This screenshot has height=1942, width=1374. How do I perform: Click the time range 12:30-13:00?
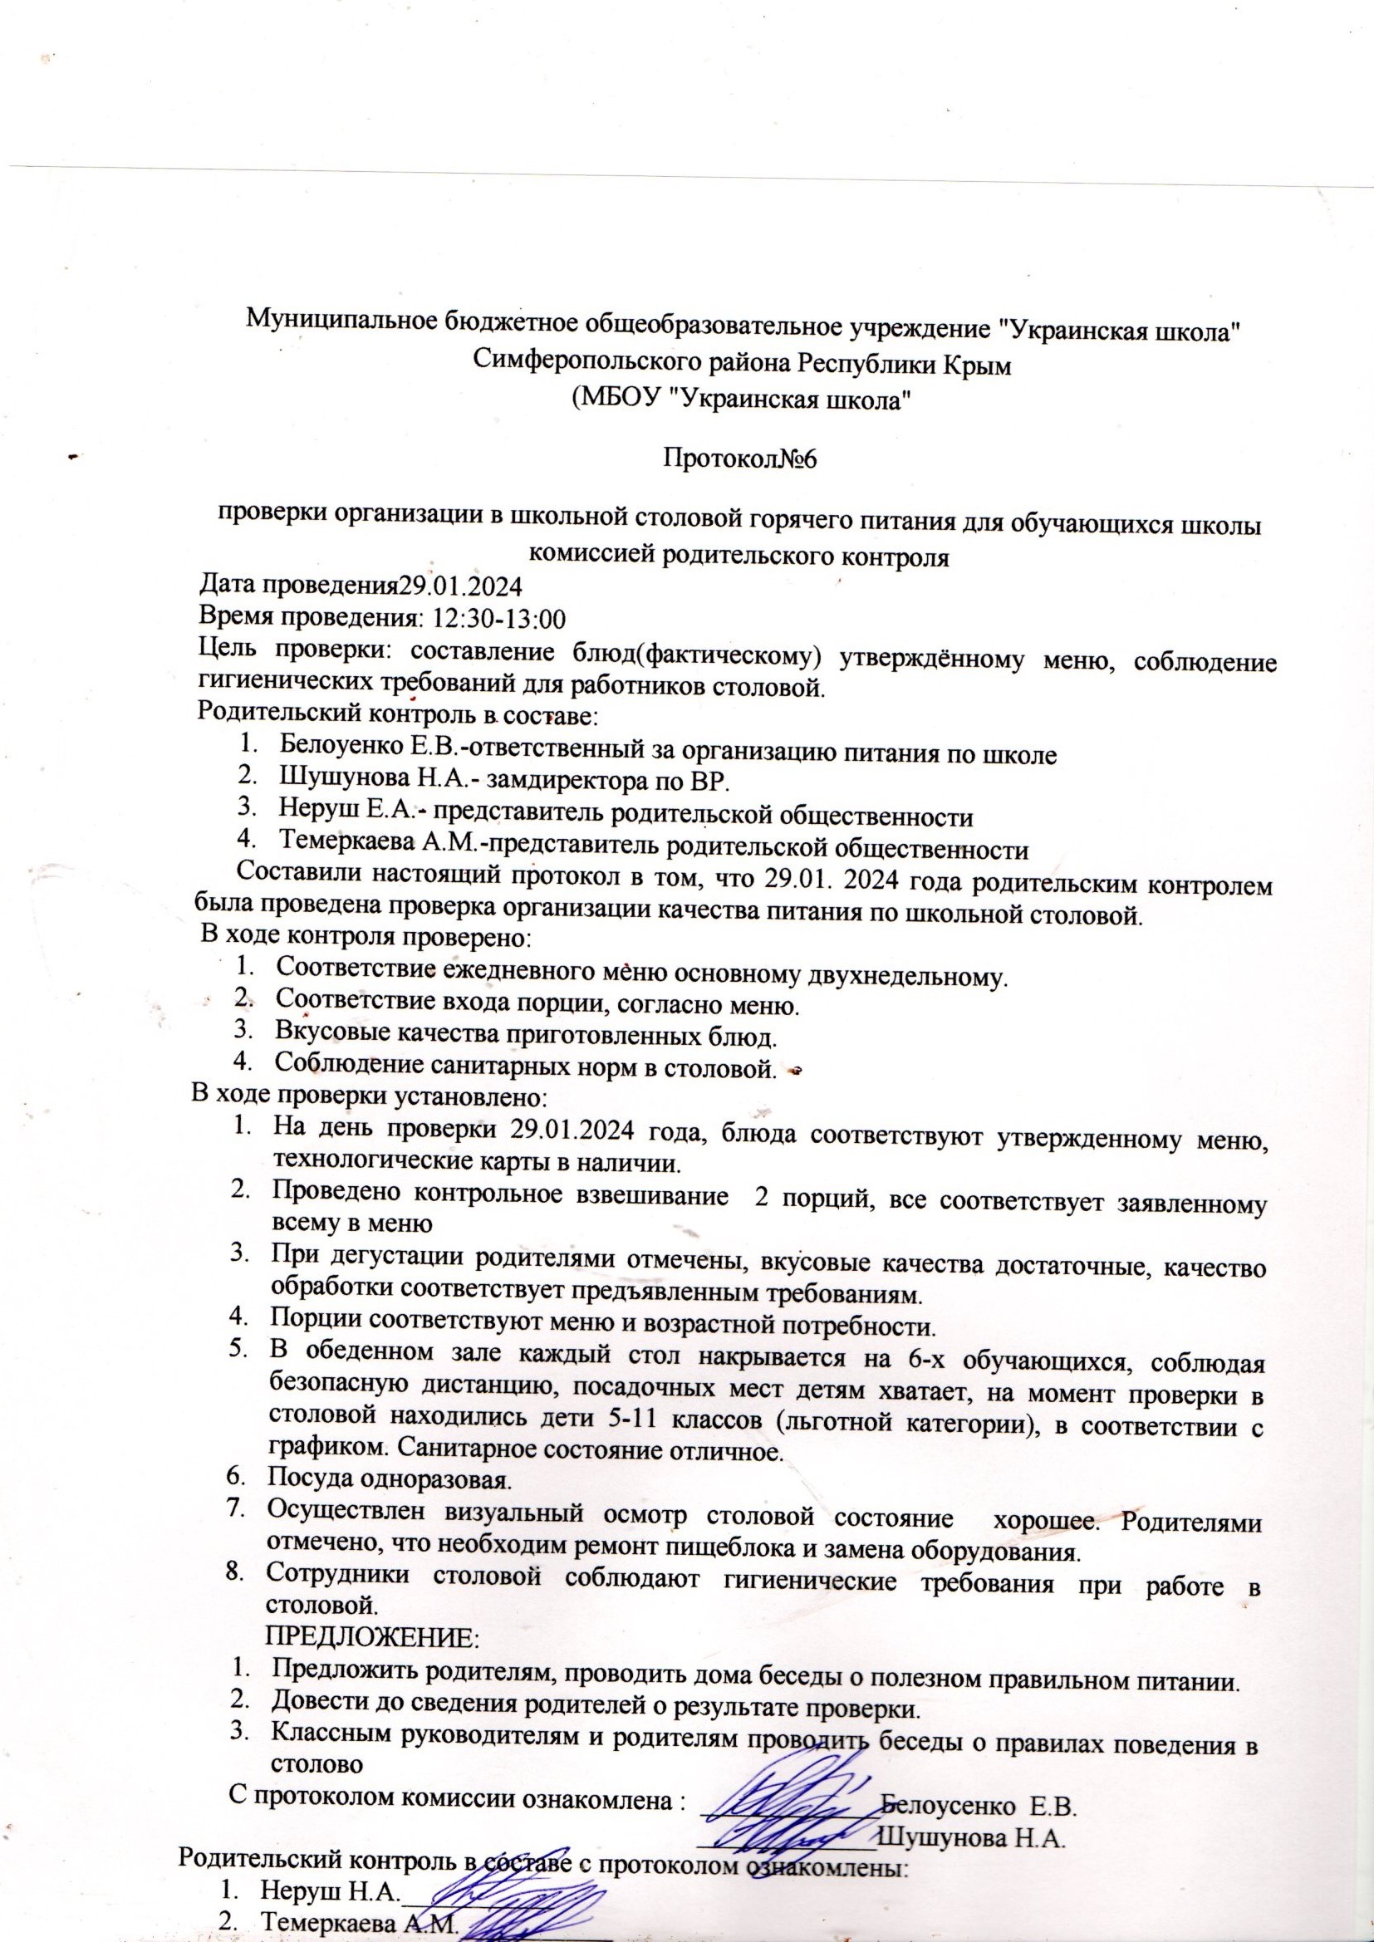click(x=498, y=619)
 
